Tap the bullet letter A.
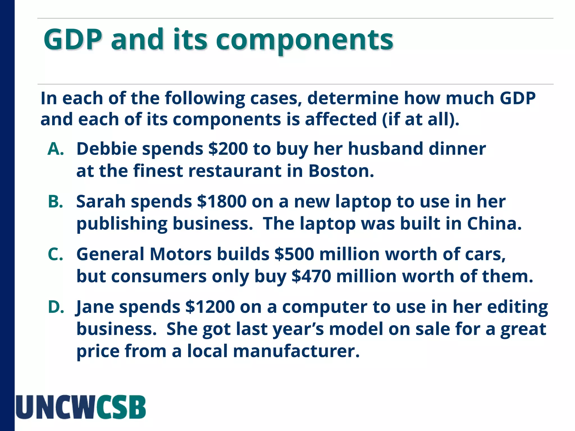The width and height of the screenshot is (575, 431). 56,149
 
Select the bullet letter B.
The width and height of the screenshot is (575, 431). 55,201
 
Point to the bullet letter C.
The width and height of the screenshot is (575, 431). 55,254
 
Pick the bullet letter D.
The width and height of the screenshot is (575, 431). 56,307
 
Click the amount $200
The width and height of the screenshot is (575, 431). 228,149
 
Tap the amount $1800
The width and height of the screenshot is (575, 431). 222,201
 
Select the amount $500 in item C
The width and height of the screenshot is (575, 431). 294,254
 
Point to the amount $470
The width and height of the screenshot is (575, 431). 311,276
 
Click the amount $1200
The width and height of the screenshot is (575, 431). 210,307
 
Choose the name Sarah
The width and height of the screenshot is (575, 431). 101,201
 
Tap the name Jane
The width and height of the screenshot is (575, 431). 95,307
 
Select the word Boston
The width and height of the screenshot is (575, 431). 341,171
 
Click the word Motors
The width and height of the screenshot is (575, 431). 181,254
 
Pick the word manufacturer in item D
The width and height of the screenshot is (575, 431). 296,351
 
